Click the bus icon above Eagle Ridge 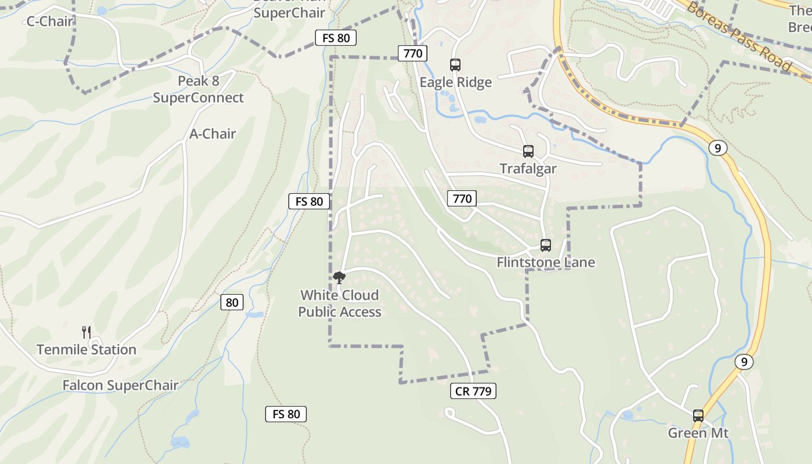455,65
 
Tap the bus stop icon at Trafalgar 528,151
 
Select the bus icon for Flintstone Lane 546,245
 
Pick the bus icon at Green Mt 698,416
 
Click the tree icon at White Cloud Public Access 339,278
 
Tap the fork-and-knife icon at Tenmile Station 86,332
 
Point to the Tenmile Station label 86,350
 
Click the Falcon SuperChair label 120,386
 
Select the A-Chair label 213,134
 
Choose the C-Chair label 50,21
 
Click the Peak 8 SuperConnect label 198,89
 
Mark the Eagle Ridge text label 456,82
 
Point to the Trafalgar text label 528,169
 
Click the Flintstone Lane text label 546,263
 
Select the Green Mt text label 698,433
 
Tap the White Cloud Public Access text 340,303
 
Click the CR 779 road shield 473,391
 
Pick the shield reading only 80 232,302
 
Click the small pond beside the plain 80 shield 254,314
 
